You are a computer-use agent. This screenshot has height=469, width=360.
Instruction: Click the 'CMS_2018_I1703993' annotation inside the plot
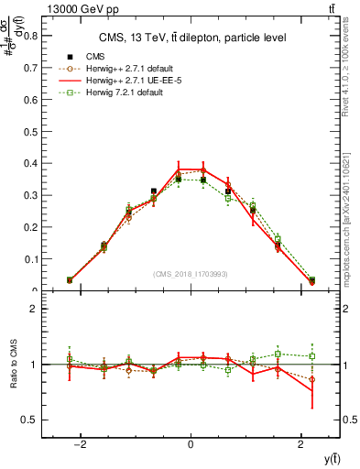[191, 274]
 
